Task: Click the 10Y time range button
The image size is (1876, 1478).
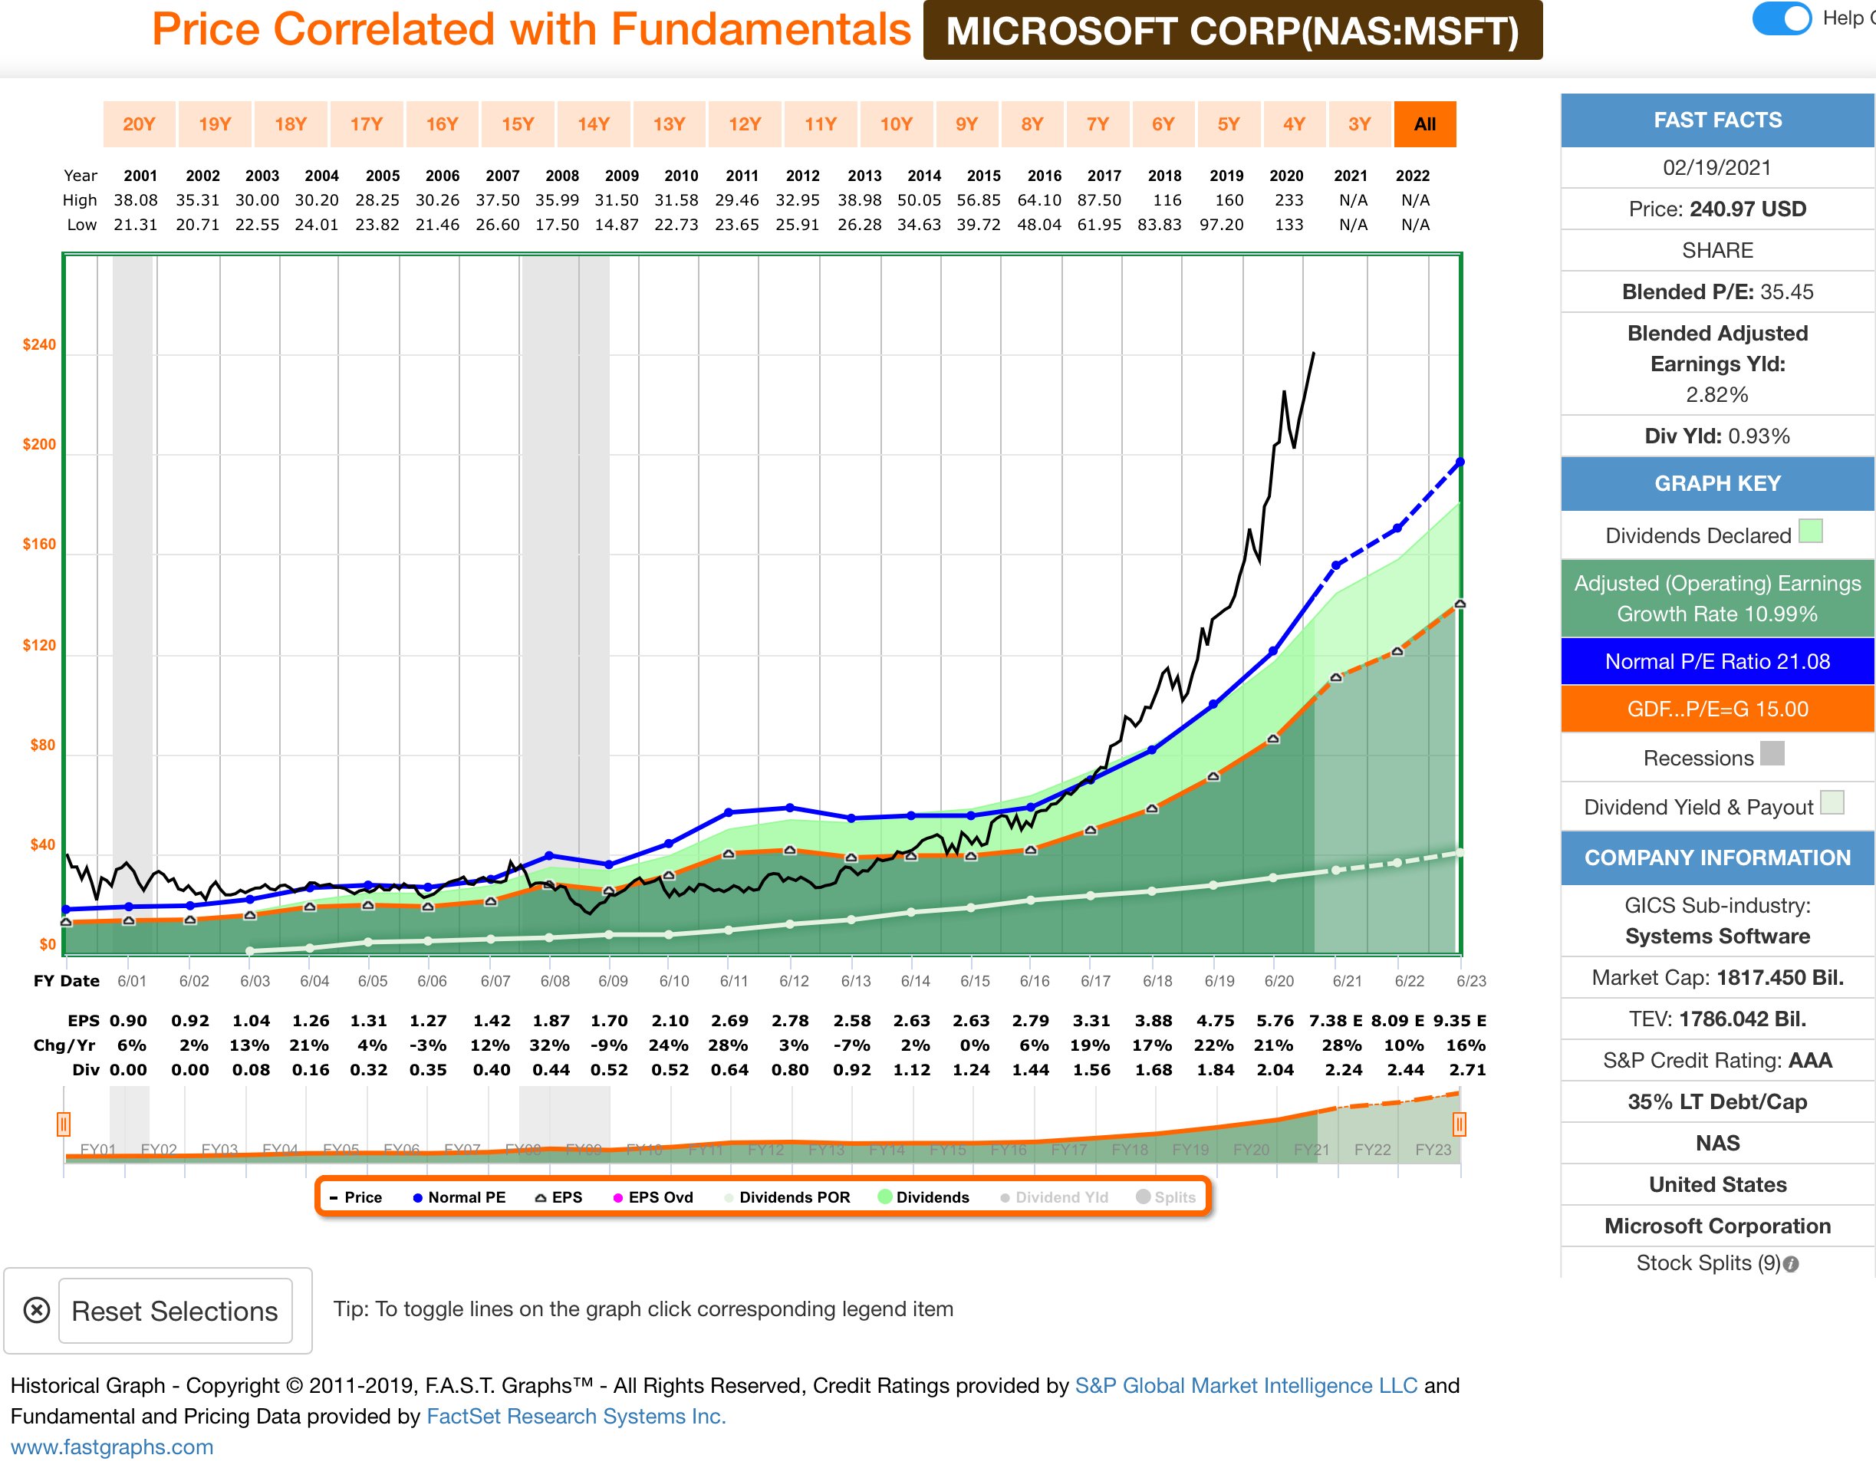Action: coord(896,123)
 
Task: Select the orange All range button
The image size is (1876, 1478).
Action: coord(1424,123)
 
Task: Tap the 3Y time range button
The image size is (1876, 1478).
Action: coord(1358,123)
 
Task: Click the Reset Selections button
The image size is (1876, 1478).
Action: coord(175,1310)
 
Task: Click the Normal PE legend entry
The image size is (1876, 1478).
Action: coord(459,1197)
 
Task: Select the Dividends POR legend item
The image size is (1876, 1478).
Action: coord(787,1197)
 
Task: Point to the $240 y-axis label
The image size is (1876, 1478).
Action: coord(39,344)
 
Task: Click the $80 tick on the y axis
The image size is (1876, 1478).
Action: coord(42,745)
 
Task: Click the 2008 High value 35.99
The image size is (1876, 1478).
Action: coord(556,200)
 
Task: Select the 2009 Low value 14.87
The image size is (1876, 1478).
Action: coord(616,224)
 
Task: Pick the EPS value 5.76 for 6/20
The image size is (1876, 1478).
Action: coord(1275,1020)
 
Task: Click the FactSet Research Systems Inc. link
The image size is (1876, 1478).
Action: coord(575,1416)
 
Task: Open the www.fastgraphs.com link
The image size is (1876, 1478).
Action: coord(112,1446)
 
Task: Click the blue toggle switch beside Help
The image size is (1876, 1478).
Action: coord(1781,18)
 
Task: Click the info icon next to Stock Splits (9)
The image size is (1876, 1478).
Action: coord(1791,1263)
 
